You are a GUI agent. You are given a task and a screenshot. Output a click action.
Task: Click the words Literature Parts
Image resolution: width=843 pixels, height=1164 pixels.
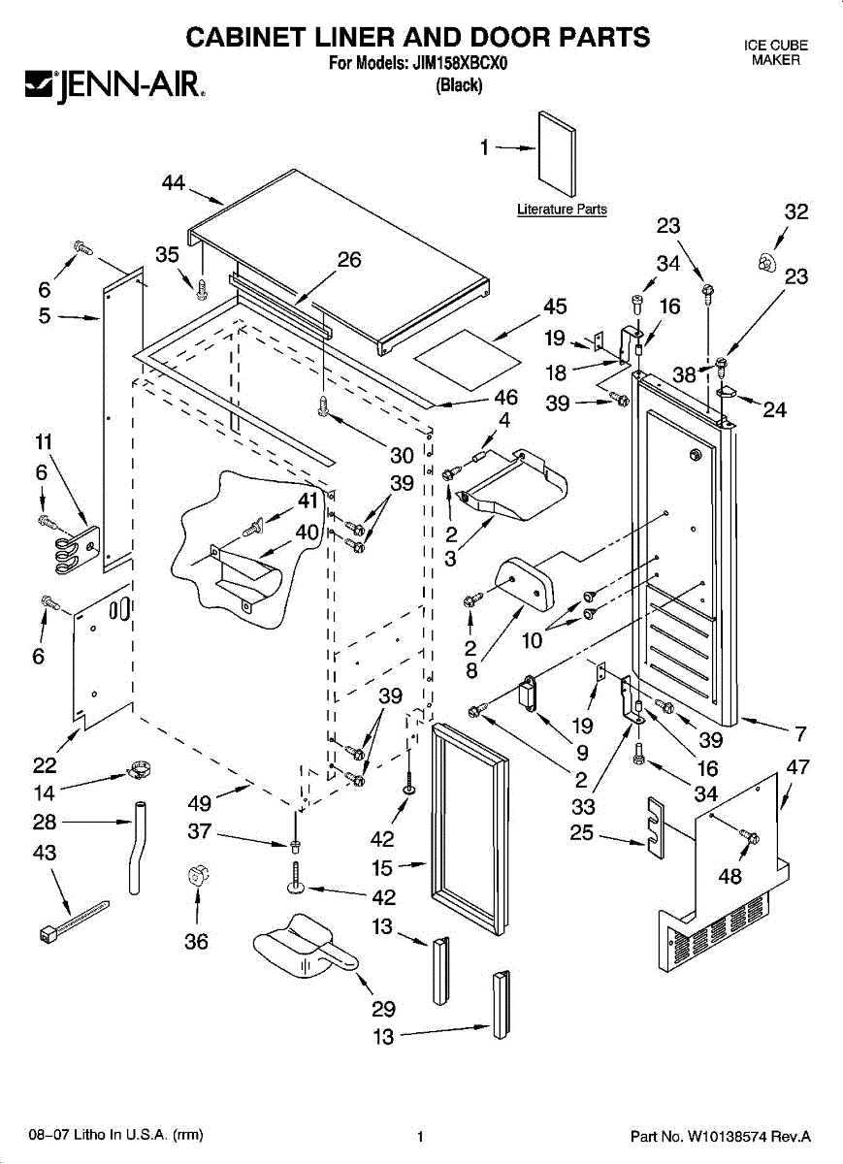(x=562, y=210)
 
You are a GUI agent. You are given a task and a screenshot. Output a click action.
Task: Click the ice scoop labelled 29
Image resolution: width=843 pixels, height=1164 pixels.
(x=296, y=947)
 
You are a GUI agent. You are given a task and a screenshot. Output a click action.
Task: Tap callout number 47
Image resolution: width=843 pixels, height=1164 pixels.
(x=797, y=766)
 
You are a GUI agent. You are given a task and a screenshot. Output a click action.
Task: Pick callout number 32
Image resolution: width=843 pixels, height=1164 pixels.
(x=796, y=212)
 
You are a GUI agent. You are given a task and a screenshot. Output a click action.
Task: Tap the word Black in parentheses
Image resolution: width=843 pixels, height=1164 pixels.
(x=459, y=85)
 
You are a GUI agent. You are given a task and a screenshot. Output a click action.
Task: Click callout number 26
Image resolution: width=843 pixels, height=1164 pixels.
(x=349, y=259)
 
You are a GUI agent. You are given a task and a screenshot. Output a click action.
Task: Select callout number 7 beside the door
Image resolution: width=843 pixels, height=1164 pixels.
(x=801, y=733)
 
